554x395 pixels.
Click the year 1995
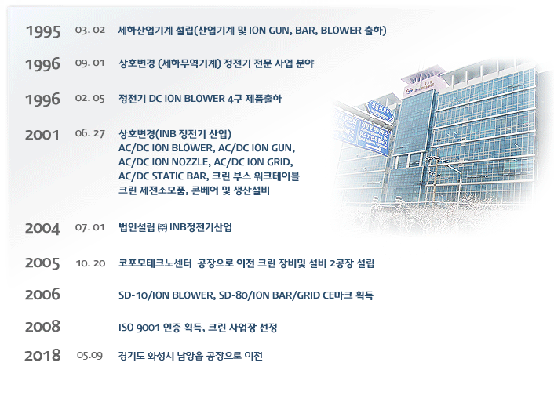tap(43, 31)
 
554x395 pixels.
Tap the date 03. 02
tap(90, 30)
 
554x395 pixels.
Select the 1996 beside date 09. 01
tap(42, 64)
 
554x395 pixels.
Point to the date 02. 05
tap(89, 98)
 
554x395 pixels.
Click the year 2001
tap(42, 135)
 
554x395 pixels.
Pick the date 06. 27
tap(89, 133)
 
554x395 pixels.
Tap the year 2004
tap(42, 228)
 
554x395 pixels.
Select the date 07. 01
tap(89, 227)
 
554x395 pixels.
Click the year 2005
tap(42, 263)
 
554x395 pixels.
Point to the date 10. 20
tap(90, 263)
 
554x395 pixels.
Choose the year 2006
tap(42, 295)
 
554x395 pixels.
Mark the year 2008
tap(42, 327)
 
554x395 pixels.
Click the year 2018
tap(42, 356)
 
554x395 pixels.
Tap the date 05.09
tap(89, 355)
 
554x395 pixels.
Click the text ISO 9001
tap(139, 328)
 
